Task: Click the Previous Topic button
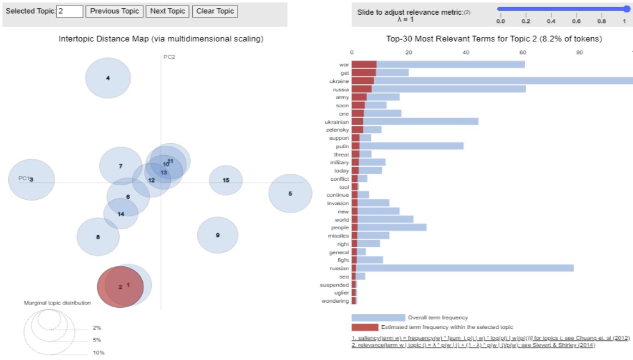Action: (x=114, y=11)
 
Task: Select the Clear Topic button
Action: (x=215, y=11)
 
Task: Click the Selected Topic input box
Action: (x=69, y=11)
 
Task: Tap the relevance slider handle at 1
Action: (x=626, y=9)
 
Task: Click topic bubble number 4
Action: (x=108, y=78)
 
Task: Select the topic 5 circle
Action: (x=290, y=193)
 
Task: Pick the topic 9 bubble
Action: (x=217, y=235)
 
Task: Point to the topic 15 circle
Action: (x=226, y=180)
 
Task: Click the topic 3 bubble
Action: (x=32, y=180)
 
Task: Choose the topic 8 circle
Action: (x=98, y=237)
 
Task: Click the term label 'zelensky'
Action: (x=338, y=130)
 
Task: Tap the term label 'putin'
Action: (x=342, y=146)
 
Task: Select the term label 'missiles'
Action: (x=338, y=236)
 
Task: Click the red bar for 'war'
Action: (x=364, y=65)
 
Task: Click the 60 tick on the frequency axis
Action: (x=523, y=52)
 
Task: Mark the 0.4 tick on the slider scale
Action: (x=551, y=21)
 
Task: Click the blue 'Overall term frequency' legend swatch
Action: (x=378, y=318)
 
